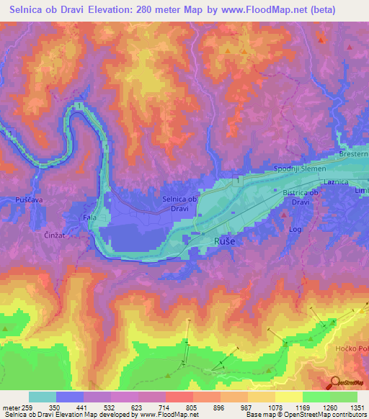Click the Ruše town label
[224, 243]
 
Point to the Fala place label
[89, 217]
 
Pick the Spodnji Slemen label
[300, 168]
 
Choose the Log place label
[295, 230]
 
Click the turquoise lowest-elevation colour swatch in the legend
[43, 397]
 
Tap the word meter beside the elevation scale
[13, 407]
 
